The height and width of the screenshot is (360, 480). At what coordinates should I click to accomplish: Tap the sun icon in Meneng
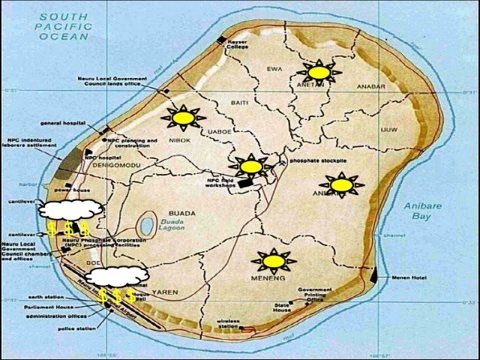pos(274,260)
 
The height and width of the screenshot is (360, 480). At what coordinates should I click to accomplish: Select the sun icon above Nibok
pos(182,118)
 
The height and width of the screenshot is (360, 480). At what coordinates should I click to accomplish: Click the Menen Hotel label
pos(409,277)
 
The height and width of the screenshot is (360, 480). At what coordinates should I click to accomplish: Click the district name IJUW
pos(388,130)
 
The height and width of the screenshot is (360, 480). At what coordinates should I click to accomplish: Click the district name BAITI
pos(239,102)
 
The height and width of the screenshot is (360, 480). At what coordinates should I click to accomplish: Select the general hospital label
pos(61,123)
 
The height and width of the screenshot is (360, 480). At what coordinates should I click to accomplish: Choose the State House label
pos(282,306)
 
